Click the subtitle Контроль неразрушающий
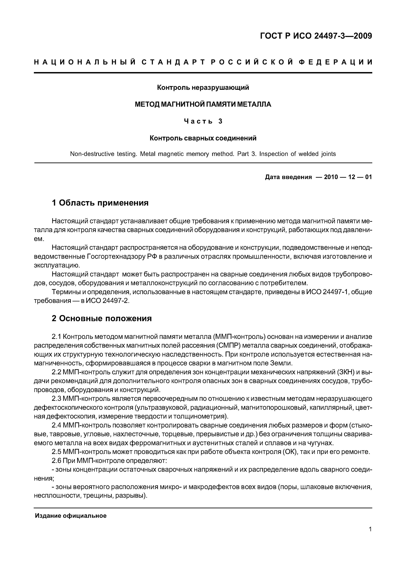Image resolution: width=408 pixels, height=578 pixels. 203,88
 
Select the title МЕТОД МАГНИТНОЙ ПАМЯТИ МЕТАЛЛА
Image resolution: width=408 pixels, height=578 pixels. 203,104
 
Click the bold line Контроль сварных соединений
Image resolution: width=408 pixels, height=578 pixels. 203,138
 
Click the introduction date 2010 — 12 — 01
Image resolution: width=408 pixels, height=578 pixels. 348,177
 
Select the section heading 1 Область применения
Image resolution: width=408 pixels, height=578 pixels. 100,203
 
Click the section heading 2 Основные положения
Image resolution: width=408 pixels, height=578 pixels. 102,318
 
